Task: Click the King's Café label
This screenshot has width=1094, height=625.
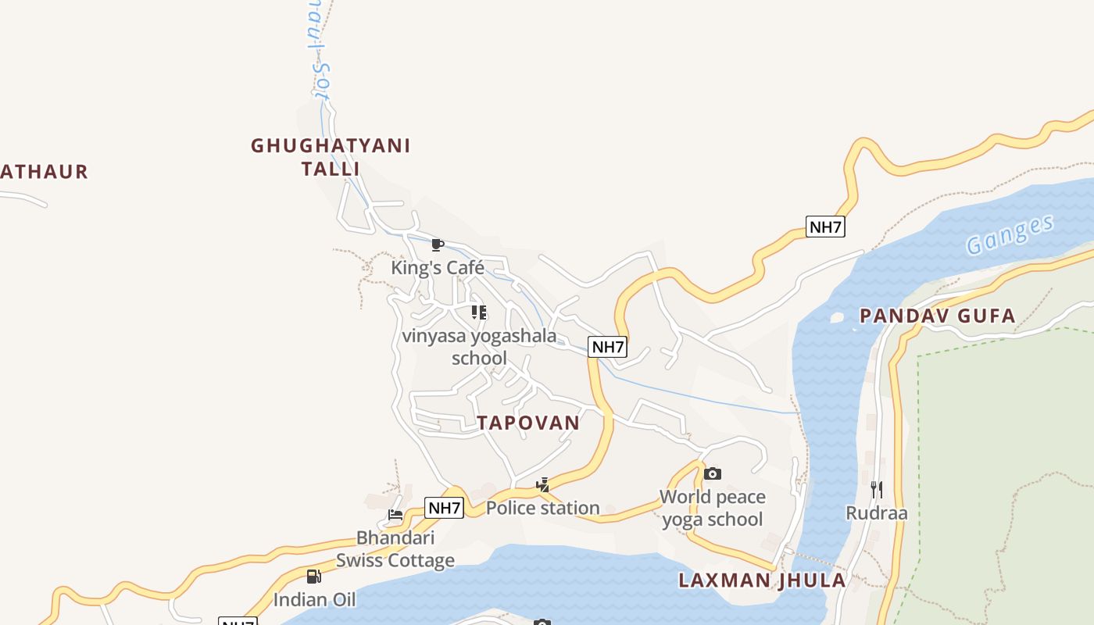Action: click(438, 268)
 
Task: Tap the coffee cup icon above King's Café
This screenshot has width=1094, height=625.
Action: click(438, 245)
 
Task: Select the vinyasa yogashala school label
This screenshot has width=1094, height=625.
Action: click(479, 347)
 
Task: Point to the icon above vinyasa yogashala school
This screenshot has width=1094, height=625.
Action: click(479, 313)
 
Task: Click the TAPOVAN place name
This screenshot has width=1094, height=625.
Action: click(528, 423)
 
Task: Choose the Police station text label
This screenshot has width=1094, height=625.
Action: click(542, 508)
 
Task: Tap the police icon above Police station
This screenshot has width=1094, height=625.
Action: click(542, 485)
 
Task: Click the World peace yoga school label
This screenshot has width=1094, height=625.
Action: click(712, 508)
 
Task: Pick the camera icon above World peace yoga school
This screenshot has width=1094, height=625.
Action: click(712, 473)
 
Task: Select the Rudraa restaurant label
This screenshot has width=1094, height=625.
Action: click(877, 513)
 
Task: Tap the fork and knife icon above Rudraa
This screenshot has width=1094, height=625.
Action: click(877, 490)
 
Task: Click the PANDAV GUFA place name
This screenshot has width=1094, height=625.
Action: click(937, 316)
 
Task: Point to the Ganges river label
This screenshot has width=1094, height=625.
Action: click(1010, 234)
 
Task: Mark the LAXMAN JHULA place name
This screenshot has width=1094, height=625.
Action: click(762, 580)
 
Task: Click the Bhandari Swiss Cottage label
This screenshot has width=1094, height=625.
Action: click(395, 549)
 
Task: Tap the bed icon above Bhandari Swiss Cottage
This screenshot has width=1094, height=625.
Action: click(395, 515)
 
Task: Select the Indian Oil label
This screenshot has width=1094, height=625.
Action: click(314, 600)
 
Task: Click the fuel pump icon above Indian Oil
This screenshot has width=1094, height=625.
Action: click(313, 577)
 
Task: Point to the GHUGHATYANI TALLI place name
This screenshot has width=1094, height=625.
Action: click(331, 157)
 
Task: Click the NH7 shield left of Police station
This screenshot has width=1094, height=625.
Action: click(445, 508)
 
